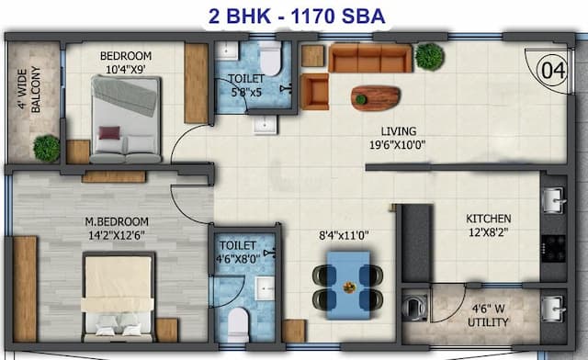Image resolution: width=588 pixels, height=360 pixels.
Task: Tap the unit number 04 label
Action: [x=552, y=69]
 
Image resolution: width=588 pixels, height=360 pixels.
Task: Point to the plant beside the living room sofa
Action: [x=428, y=56]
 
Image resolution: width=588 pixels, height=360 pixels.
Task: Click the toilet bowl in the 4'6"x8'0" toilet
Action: [x=238, y=324]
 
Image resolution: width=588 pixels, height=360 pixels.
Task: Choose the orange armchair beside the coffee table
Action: [x=314, y=91]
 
